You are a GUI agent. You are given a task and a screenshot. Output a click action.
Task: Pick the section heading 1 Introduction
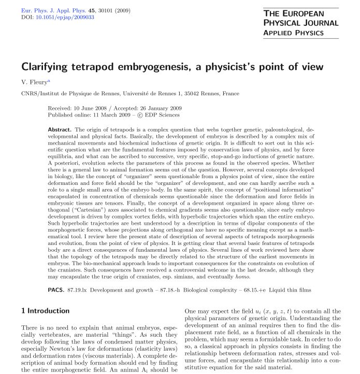click(45, 311)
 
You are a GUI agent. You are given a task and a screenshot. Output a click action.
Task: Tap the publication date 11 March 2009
click(105, 115)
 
